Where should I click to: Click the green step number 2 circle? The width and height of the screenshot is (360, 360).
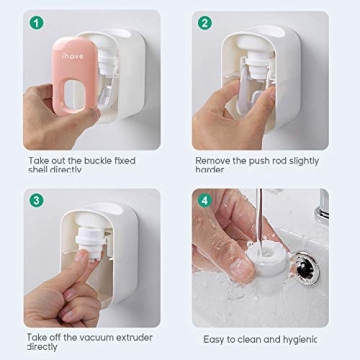(205, 22)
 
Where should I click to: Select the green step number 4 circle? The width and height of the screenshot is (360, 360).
(205, 200)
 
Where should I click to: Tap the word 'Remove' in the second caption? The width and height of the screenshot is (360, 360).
(212, 159)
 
